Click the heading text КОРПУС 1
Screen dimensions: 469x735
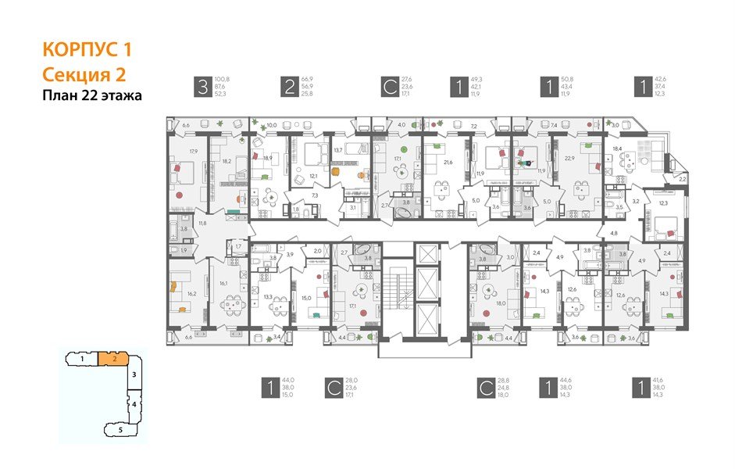point(86,51)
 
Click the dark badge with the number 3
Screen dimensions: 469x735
point(202,87)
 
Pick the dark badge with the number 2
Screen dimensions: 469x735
point(289,87)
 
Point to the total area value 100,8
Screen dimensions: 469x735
point(224,79)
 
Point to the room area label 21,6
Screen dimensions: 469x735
point(448,162)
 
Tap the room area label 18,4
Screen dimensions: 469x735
point(617,148)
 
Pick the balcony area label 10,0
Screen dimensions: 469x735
point(271,125)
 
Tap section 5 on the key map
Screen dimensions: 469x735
point(120,429)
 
